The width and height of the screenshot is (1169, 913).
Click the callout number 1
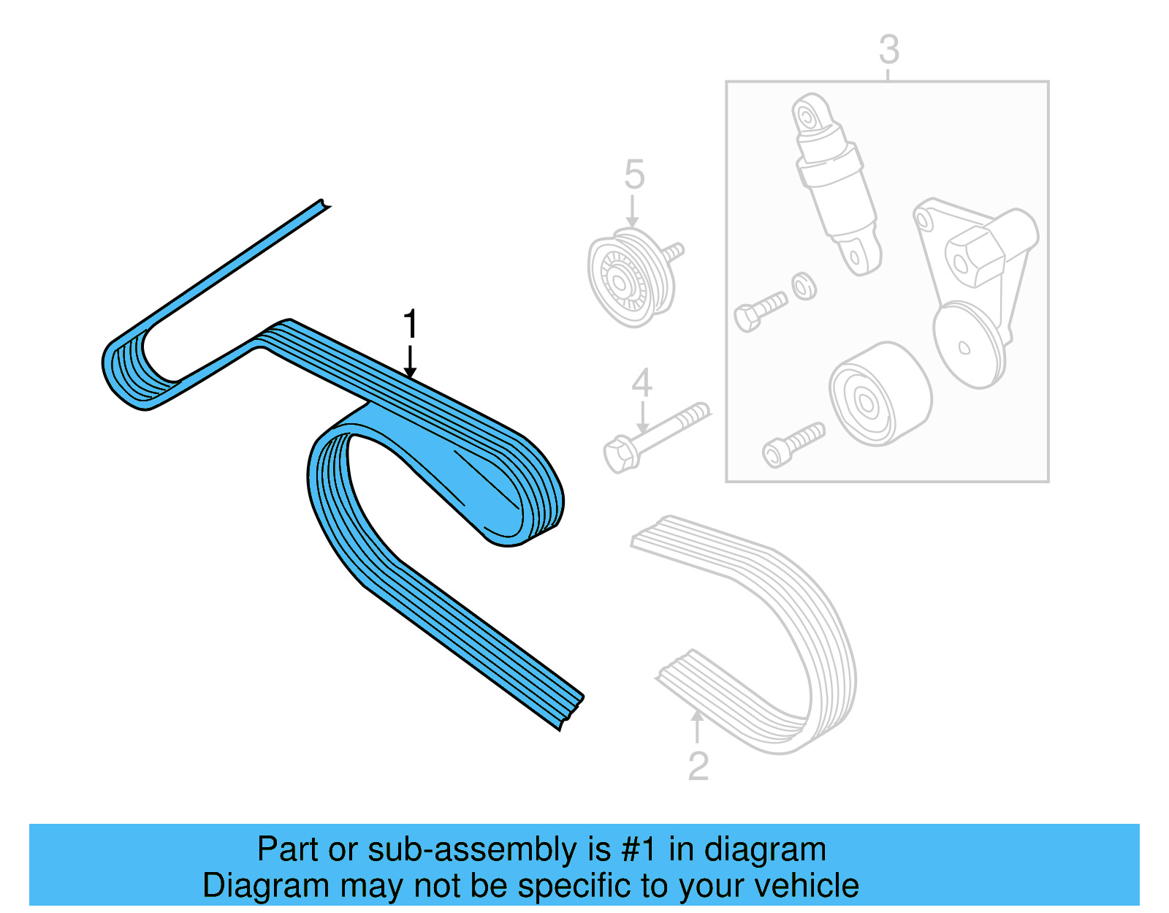coord(411,324)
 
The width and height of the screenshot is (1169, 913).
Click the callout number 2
coord(698,765)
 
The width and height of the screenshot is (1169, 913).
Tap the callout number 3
coord(888,50)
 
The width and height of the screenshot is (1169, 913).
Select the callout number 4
coord(641,383)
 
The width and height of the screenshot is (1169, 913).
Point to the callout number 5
coord(633,175)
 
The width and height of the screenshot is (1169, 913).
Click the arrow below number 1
coord(411,362)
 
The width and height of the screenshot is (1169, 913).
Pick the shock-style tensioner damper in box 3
coord(837,183)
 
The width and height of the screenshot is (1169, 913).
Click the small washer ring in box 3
coord(804,286)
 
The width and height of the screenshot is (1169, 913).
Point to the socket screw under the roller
coord(793,444)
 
